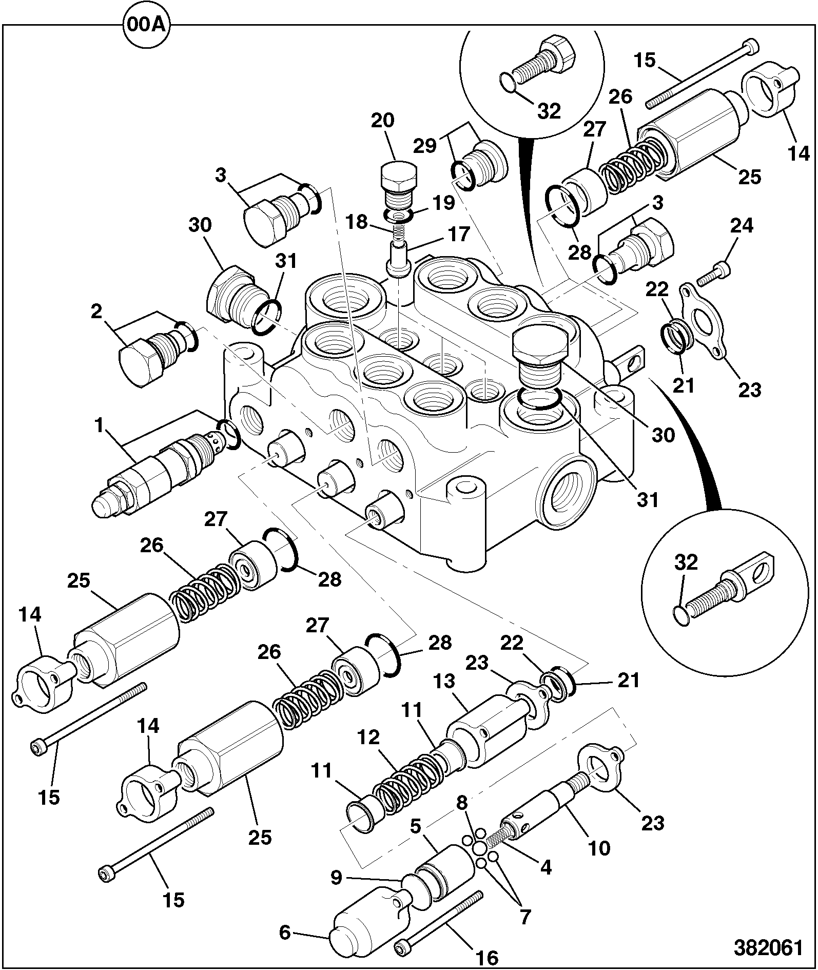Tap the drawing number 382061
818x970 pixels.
coord(768,947)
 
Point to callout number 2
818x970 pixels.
coord(96,312)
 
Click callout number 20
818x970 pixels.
coord(382,121)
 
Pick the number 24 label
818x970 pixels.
coord(742,226)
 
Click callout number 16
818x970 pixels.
coord(486,957)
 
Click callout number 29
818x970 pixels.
coord(425,146)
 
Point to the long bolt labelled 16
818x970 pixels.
coord(439,921)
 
